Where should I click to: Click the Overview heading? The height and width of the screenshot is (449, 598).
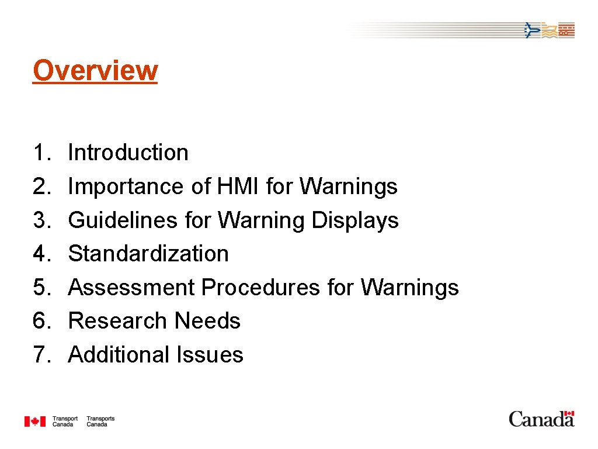click(x=95, y=71)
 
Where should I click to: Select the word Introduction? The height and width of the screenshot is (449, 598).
click(x=128, y=153)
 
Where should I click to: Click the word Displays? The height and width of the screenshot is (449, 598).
click(x=355, y=220)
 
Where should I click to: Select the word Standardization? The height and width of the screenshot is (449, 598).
click(x=148, y=254)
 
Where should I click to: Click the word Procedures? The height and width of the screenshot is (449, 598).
click(x=260, y=288)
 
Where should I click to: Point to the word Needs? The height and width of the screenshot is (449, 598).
click(x=207, y=321)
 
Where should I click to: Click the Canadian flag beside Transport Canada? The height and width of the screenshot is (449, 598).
click(x=34, y=421)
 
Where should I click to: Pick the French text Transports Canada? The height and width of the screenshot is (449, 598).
click(x=100, y=422)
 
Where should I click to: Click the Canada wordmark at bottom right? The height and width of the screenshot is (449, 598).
click(x=541, y=419)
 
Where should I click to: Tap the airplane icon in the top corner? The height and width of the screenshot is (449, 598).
click(x=531, y=30)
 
